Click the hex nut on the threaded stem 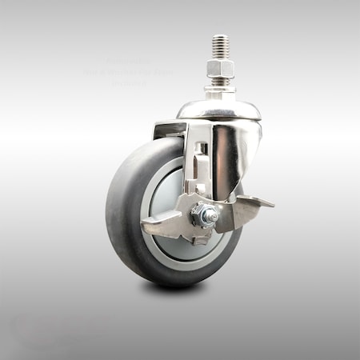click(x=219, y=70)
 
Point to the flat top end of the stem click(x=219, y=36)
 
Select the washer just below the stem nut click(x=219, y=82)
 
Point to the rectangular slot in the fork click(x=204, y=147)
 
